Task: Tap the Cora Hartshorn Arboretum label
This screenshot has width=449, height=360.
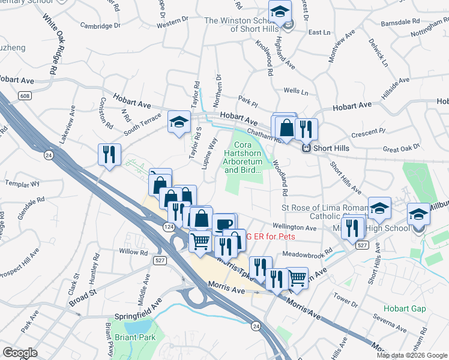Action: click(243, 157)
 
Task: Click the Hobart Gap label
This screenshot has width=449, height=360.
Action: click(406, 309)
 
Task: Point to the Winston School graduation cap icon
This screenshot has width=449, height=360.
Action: click(279, 12)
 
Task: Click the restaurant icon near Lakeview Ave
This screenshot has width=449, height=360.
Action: click(109, 154)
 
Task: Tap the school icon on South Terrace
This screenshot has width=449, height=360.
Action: click(178, 122)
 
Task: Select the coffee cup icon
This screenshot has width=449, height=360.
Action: click(223, 224)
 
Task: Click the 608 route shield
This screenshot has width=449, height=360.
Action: click(25, 96)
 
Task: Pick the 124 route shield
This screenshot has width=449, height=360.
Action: click(169, 226)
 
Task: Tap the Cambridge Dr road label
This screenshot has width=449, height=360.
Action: click(101, 26)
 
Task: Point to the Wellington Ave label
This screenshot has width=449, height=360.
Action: click(295, 228)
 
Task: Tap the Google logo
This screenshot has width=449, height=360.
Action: click(20, 353)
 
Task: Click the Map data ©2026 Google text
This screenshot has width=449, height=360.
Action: click(412, 355)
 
